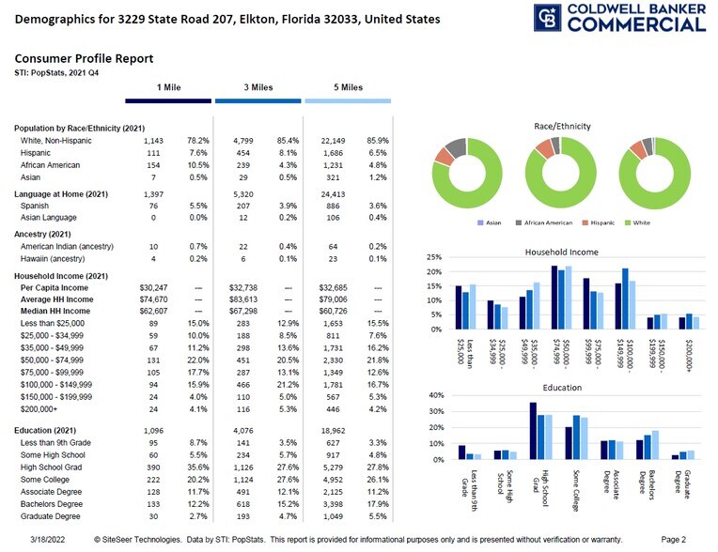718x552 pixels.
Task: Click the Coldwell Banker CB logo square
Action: coord(548,18)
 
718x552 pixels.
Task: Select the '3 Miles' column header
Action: coord(258,87)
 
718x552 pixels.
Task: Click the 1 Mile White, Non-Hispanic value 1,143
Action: coord(153,140)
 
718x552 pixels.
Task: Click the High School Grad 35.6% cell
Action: coord(196,467)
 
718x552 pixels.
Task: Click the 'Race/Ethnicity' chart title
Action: coord(561,125)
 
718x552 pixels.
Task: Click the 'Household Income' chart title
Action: coord(562,253)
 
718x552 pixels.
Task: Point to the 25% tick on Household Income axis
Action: coord(434,257)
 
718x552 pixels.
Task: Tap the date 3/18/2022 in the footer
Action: coord(47,540)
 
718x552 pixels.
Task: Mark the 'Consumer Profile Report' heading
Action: coord(84,58)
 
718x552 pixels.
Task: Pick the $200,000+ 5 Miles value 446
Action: coord(335,410)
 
